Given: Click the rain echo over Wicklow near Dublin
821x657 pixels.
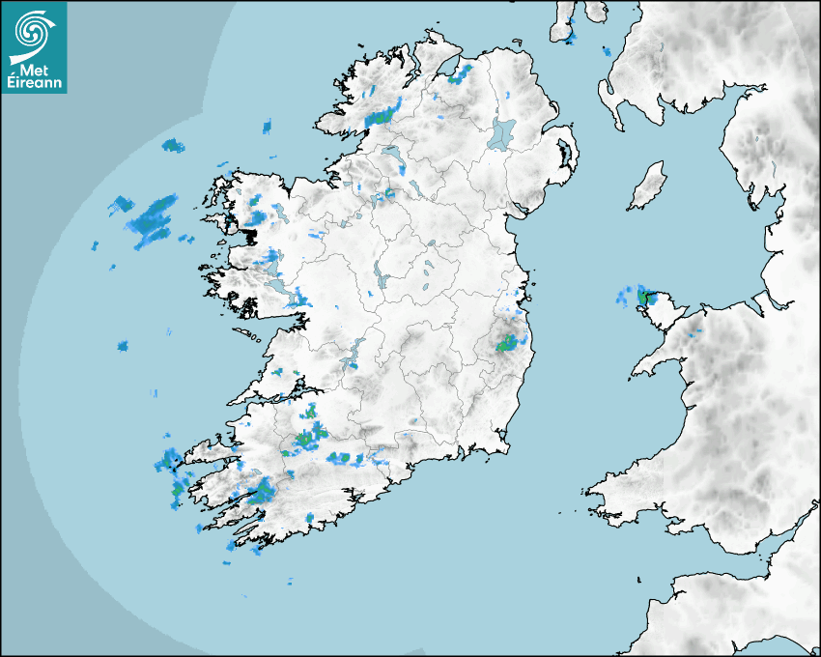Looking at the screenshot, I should click(x=507, y=341).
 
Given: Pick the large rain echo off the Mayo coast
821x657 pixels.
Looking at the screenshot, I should click(x=153, y=218).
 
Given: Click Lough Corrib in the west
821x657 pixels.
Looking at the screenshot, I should click(x=272, y=258).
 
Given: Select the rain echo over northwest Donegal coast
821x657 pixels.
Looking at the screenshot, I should click(x=382, y=114).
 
